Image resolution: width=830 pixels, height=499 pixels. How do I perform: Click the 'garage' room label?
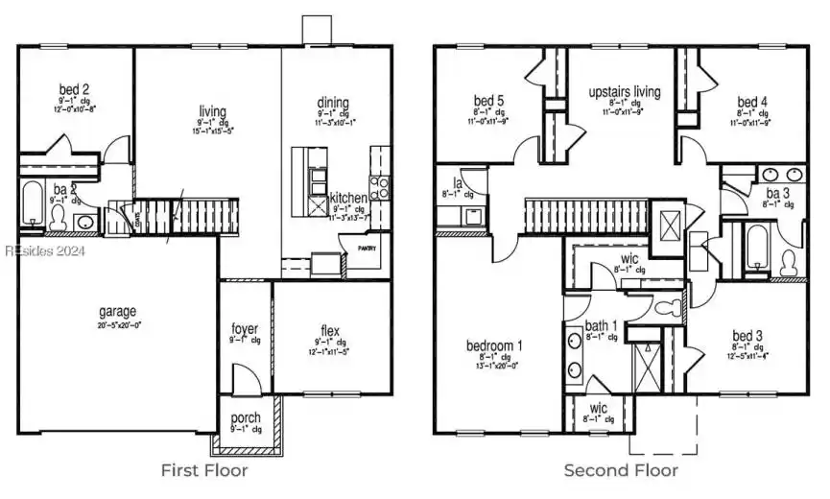coord(117,312)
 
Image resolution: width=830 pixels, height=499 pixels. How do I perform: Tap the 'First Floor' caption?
coord(203,470)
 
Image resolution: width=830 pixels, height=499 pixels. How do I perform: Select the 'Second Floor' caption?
coord(620,470)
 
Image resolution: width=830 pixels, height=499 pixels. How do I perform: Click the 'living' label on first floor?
coord(213,110)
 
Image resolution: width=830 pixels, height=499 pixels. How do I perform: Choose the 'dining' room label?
coord(333,103)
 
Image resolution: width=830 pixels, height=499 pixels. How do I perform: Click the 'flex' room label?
coord(330,332)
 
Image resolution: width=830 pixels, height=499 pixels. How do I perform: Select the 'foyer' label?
coord(245,329)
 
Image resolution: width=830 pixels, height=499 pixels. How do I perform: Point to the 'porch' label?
coord(245,418)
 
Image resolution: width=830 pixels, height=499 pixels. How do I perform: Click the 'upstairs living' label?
coord(625,92)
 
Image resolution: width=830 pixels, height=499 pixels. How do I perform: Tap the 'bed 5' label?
coord(488,100)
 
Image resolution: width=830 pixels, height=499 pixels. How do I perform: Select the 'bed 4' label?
coord(751,101)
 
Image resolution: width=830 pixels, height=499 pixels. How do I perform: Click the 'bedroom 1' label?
coord(495,345)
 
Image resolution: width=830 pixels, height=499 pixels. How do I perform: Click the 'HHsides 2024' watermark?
coord(44,250)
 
